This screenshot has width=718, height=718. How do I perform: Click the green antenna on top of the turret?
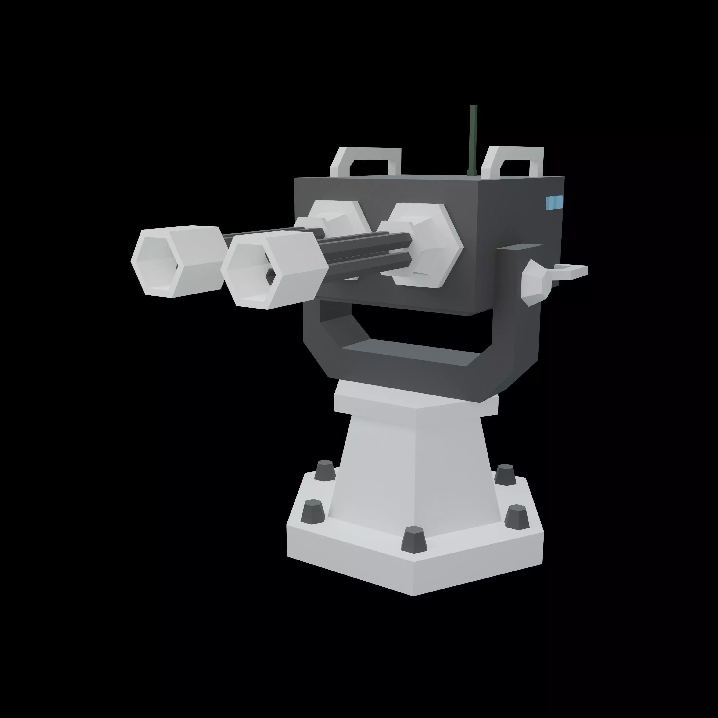point(473,137)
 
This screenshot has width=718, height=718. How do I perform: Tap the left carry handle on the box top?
point(366,154)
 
